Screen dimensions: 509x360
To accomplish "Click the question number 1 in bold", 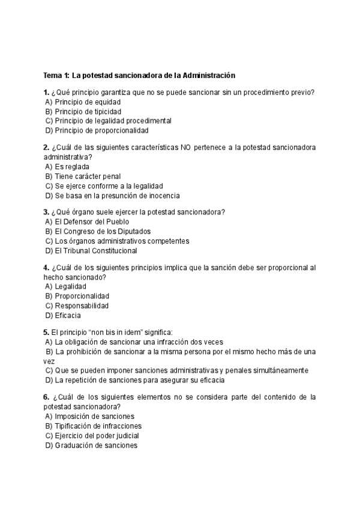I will click(46, 92).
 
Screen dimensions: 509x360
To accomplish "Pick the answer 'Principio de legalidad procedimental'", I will click(108, 121).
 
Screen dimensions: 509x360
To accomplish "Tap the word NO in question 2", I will click(187, 148).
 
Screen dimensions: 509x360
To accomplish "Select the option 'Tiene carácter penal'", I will click(88, 176).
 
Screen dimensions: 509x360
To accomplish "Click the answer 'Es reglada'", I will click(71, 167).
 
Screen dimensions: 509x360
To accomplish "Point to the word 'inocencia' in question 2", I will click(164, 196).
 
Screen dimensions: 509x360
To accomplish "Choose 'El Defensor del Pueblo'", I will click(91, 221).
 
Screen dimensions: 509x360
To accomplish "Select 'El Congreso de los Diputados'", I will click(102, 231).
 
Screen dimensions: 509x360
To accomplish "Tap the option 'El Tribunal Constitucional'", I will click(95, 250).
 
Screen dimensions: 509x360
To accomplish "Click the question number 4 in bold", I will click(46, 268).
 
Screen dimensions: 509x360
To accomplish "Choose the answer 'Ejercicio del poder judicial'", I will click(96, 436).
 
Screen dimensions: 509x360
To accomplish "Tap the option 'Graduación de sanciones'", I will click(96, 445).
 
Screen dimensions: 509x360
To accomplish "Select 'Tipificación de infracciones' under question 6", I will click(98, 426).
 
